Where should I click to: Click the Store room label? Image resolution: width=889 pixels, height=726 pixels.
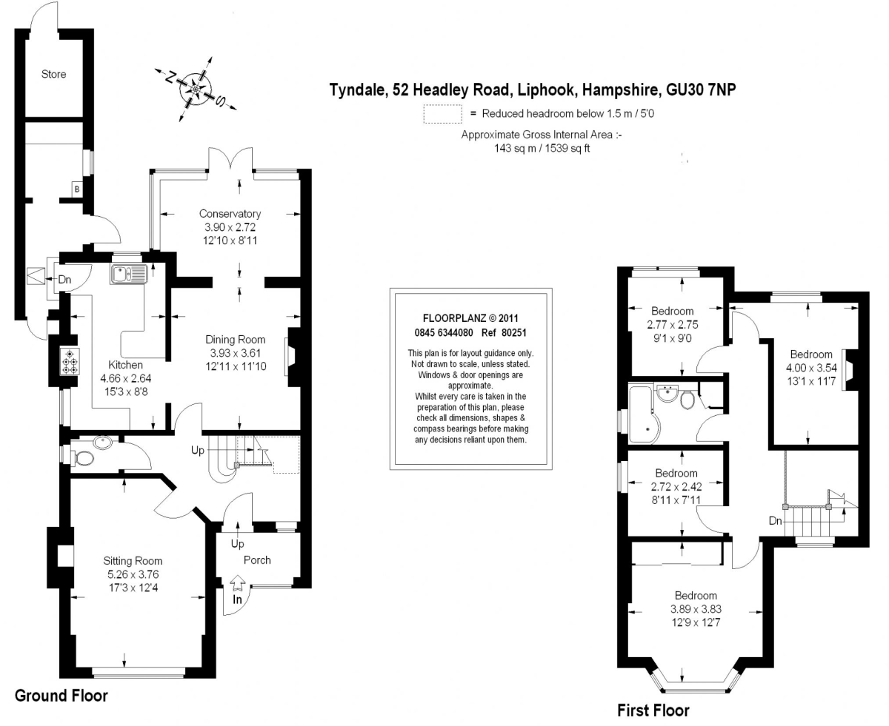pyautogui.click(x=53, y=74)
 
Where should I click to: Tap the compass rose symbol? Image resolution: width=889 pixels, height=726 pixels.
pyautogui.click(x=196, y=90)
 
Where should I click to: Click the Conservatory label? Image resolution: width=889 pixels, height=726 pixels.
pyautogui.click(x=230, y=213)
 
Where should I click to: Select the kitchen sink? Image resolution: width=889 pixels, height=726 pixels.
pyautogui.click(x=129, y=274)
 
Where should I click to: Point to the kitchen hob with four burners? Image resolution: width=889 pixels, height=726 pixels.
pyautogui.click(x=70, y=361)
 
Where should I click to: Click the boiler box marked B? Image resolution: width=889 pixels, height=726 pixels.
pyautogui.click(x=77, y=189)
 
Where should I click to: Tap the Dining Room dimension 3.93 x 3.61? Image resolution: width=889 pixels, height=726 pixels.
pyautogui.click(x=235, y=353)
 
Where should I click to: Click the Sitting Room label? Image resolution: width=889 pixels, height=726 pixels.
pyautogui.click(x=133, y=560)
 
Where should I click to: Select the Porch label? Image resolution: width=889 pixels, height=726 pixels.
pyautogui.click(x=257, y=559)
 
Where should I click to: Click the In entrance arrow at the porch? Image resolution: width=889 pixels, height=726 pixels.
pyautogui.click(x=237, y=583)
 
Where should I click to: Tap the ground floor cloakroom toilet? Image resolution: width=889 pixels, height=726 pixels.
pyautogui.click(x=83, y=458)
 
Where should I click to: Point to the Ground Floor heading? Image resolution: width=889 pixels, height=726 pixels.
pyautogui.click(x=61, y=695)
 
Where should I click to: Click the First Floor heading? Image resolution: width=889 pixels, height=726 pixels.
pyautogui.click(x=653, y=710)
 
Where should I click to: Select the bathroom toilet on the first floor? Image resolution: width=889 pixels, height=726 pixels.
pyautogui.click(x=688, y=400)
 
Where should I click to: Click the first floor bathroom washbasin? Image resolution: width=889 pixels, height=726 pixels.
pyautogui.click(x=667, y=393)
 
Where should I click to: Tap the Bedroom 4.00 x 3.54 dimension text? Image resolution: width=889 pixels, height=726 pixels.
pyautogui.click(x=811, y=368)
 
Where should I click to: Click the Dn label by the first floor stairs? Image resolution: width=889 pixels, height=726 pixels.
pyautogui.click(x=775, y=521)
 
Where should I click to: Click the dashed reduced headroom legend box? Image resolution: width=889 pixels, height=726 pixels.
pyautogui.click(x=442, y=114)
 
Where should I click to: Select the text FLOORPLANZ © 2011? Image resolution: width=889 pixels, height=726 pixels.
pyautogui.click(x=470, y=318)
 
